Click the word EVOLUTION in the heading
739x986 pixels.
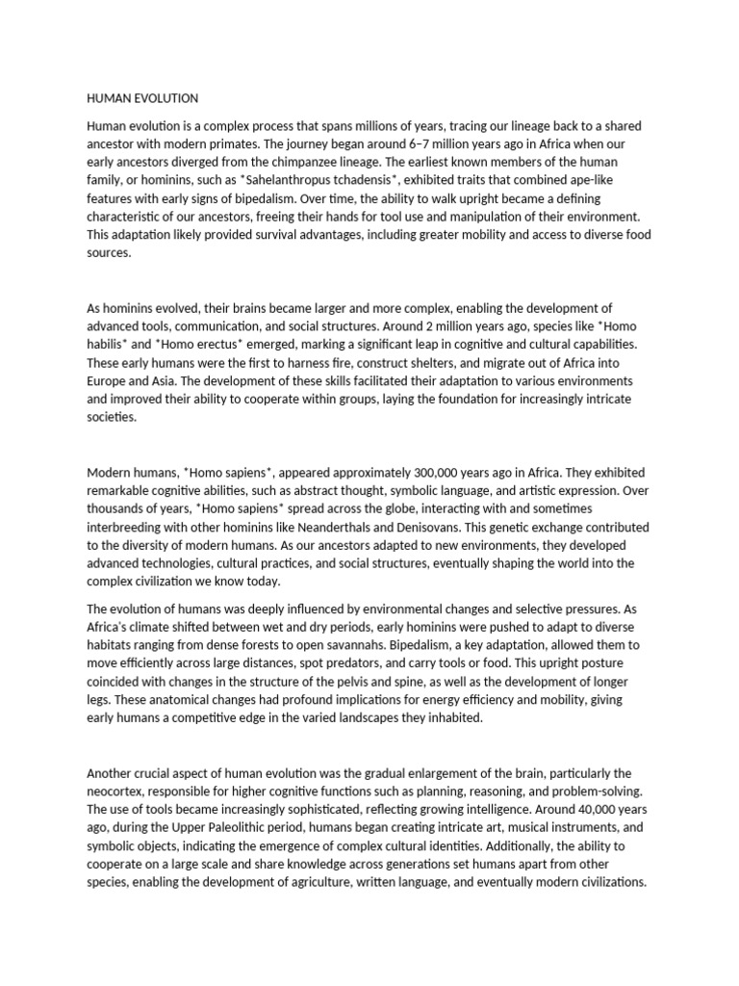tap(165, 98)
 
